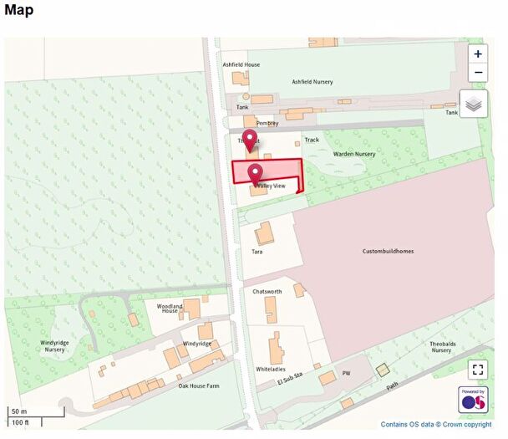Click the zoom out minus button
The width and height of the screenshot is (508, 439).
point(477,72)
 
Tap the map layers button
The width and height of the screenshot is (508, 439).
point(474,105)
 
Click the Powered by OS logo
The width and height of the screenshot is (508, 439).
point(474,400)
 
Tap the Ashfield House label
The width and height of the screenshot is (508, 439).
point(241,64)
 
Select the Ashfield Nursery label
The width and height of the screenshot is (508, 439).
point(312,82)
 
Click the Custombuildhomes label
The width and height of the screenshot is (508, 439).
point(388,251)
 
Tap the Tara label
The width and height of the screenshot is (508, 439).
point(257,251)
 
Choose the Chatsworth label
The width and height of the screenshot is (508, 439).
point(267,292)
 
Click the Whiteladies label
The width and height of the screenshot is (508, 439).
point(271,369)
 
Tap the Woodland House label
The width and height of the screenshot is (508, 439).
point(170,309)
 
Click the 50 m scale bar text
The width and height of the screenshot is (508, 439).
point(18,411)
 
